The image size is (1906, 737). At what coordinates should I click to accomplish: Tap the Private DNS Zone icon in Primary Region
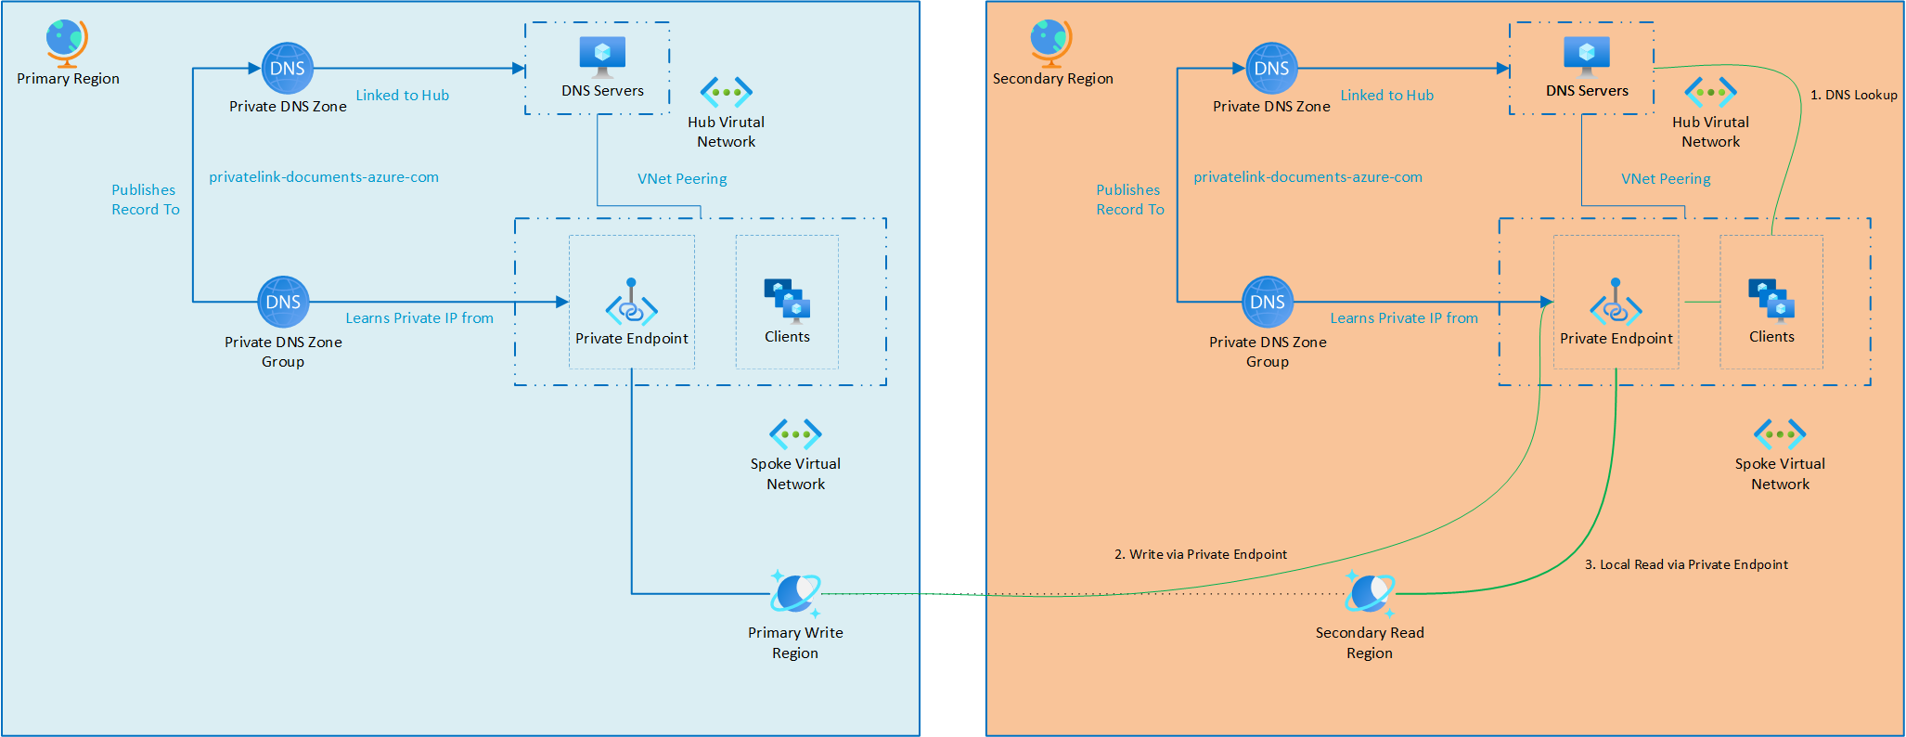coord(288,68)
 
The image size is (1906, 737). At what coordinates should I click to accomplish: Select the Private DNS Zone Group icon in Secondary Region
coord(1268,302)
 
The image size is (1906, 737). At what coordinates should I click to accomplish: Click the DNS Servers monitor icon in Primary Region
coord(602,57)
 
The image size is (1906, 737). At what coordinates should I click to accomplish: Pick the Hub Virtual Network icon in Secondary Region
coord(1710,92)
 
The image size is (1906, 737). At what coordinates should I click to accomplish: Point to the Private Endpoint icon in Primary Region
coord(631,303)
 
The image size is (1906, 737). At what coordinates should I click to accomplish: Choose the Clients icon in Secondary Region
coord(1771,300)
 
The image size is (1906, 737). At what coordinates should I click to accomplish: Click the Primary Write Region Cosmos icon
coord(796,594)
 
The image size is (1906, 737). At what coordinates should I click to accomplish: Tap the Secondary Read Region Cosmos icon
coord(1370,594)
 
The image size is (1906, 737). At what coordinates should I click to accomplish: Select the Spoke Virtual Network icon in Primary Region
coord(795,433)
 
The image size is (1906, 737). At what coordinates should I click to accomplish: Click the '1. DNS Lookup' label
coord(1853,95)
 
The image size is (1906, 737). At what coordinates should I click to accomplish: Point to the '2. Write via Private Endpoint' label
coord(1200,554)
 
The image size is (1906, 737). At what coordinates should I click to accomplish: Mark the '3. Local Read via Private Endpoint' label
coord(1685,564)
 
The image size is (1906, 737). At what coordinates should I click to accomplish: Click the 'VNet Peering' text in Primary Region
coord(682,178)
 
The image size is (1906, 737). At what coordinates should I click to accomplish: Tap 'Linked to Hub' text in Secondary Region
coord(1386,95)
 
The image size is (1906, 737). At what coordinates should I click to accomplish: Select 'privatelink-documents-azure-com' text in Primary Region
coord(324,176)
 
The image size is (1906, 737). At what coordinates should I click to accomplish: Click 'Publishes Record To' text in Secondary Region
coord(1129,200)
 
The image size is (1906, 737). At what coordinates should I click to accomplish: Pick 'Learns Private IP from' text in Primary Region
coord(419,317)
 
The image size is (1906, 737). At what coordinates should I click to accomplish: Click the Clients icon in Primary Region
coord(787,300)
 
